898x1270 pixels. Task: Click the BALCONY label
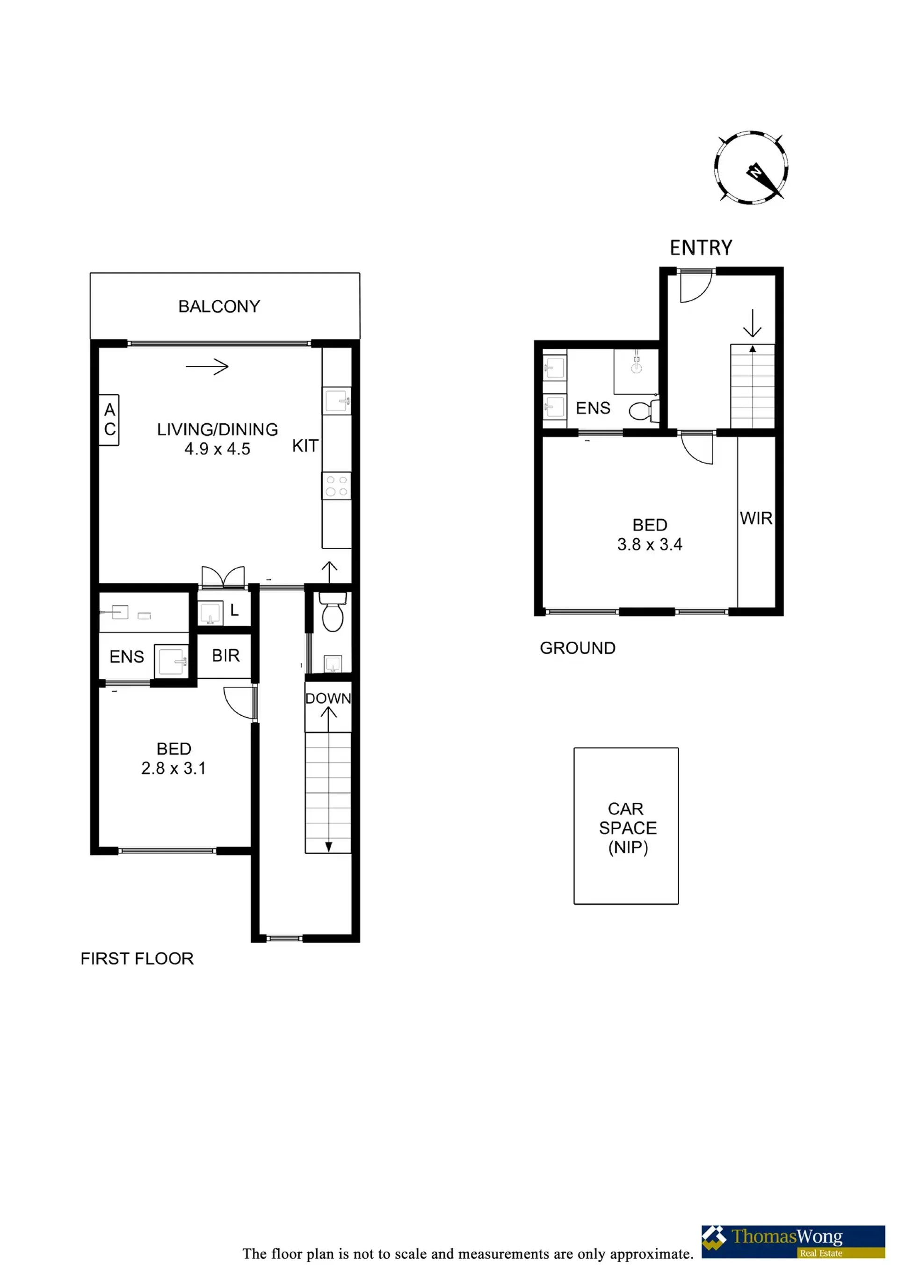[219, 306]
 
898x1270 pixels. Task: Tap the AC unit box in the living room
[109, 420]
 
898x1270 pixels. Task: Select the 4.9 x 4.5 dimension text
[217, 449]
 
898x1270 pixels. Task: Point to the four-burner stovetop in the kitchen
[336, 486]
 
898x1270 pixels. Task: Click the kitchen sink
[337, 400]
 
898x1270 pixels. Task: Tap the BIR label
[225, 655]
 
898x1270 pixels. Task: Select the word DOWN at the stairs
[328, 698]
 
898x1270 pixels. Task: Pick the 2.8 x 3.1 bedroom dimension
[174, 768]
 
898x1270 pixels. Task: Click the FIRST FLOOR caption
[137, 958]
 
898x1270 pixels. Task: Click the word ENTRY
[701, 247]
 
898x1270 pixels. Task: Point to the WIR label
[756, 518]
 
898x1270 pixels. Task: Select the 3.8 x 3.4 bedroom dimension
[650, 544]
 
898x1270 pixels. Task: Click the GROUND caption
[578, 648]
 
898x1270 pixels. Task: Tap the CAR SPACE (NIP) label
[628, 828]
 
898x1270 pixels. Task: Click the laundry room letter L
[234, 610]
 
